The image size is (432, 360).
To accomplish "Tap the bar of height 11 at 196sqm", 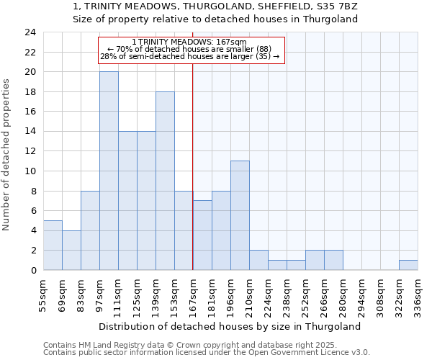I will [x=240, y=215].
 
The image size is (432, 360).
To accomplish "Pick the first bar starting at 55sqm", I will [x=53, y=245].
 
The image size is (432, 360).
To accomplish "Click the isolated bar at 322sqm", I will [x=408, y=265].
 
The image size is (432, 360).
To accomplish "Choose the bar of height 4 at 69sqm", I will [x=71, y=250].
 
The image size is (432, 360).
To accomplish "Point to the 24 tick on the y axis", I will [x=30, y=32].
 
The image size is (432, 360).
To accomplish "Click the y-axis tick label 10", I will [x=30, y=171].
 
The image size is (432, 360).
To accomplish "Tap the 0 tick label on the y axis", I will [x=32, y=270].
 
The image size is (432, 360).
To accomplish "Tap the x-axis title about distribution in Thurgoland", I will [x=229, y=326].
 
